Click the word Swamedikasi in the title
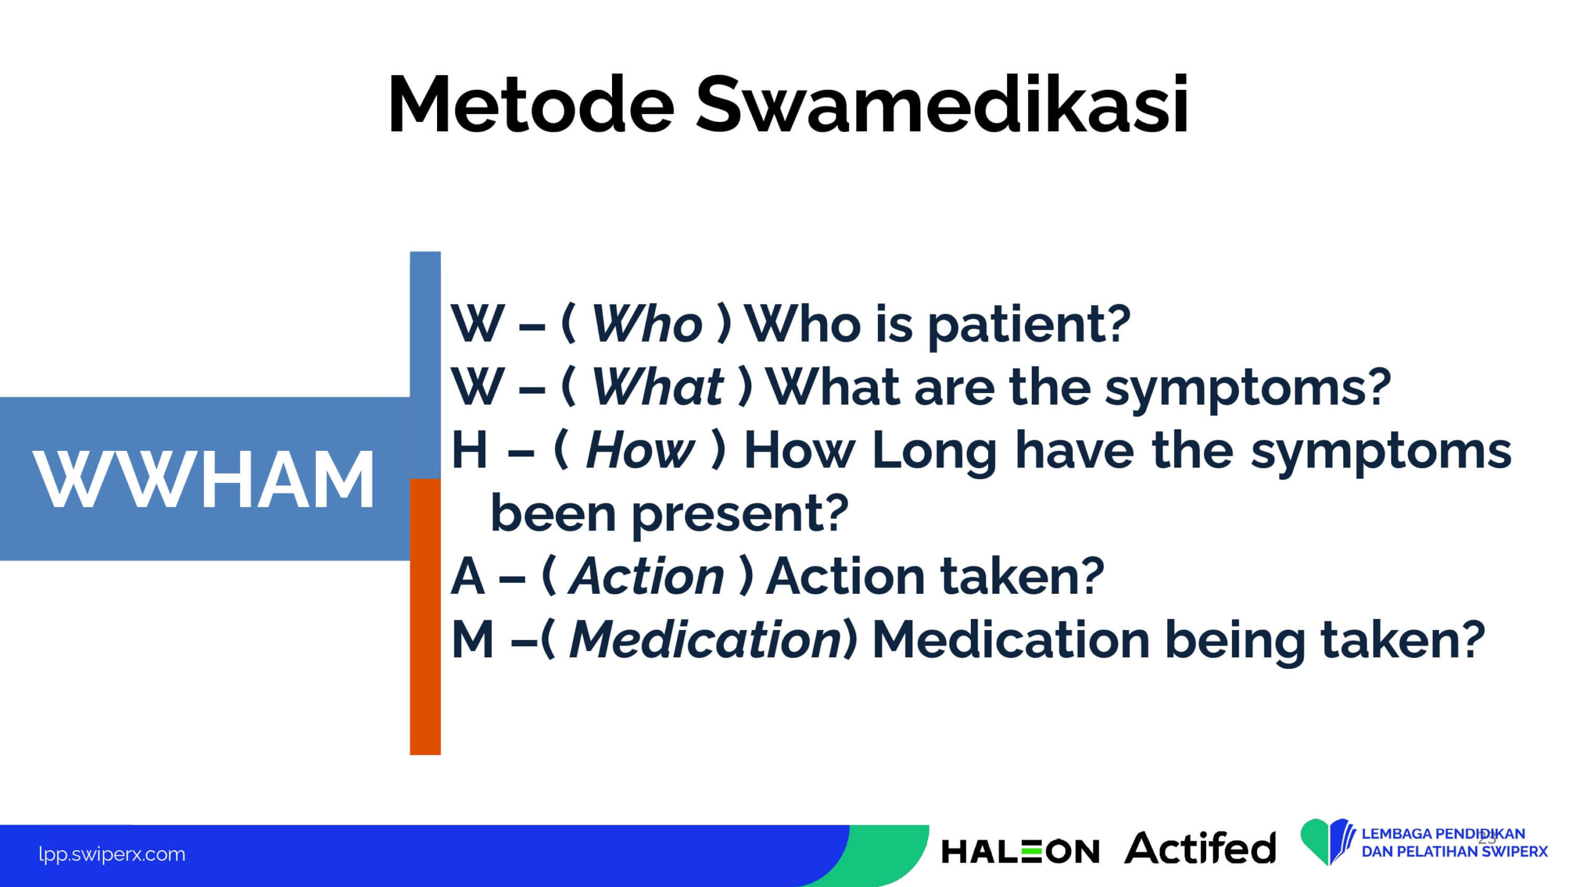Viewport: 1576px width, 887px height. [942, 103]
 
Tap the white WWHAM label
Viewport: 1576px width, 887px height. [204, 479]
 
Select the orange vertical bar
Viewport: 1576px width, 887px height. [425, 617]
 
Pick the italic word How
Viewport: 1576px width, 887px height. [640, 450]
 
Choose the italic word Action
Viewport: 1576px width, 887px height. [646, 577]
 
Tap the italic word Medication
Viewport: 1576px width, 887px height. [706, 639]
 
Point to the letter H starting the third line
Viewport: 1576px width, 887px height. [469, 450]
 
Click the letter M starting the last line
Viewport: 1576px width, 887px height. [473, 639]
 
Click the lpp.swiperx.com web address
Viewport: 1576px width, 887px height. [111, 854]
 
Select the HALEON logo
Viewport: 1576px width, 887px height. [1020, 851]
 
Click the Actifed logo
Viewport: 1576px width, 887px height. [1200, 848]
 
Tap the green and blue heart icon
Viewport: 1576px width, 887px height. [1327, 841]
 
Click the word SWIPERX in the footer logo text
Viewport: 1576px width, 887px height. [1514, 852]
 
